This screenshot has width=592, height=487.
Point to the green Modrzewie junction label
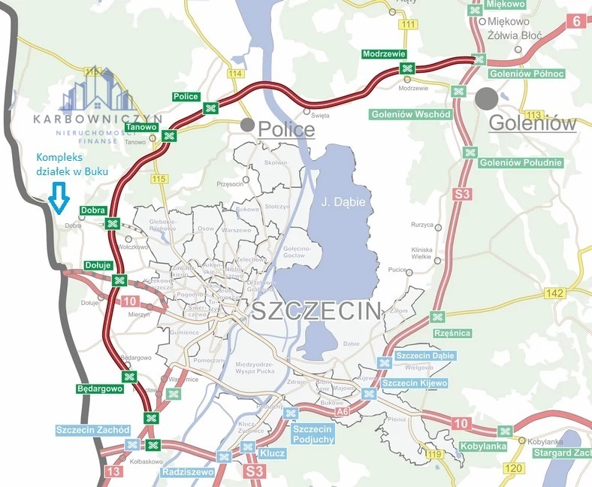point(384,54)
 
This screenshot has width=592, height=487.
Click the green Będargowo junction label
point(99,389)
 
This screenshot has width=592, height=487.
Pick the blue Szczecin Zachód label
point(93,430)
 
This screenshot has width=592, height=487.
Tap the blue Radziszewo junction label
point(186,472)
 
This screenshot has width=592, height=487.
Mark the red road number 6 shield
point(577,21)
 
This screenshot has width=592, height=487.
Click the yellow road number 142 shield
point(557,293)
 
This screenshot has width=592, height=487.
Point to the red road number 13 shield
point(113,471)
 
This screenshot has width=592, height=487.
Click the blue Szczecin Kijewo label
point(415,383)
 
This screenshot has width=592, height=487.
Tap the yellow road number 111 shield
point(408,25)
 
